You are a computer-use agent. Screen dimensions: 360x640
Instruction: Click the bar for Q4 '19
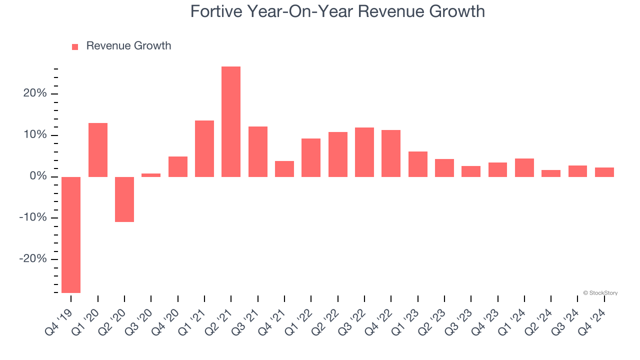[71, 234]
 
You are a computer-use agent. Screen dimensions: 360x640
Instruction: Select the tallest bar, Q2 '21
[231, 121]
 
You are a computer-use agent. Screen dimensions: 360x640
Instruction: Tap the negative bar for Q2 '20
[124, 199]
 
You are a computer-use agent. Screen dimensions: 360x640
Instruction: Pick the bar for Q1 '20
[98, 149]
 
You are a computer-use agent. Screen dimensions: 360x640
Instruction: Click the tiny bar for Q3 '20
[151, 175]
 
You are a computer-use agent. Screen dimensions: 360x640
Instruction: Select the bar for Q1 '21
[204, 148]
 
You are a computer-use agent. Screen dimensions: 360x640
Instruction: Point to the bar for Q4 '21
[284, 168]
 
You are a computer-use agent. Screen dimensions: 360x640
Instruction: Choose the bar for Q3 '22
[364, 152]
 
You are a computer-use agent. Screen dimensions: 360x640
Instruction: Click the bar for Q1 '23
[418, 164]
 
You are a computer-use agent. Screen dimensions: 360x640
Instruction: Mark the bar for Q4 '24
[604, 172]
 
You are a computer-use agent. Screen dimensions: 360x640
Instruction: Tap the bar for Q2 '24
[551, 173]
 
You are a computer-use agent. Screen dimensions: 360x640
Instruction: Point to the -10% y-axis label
[33, 218]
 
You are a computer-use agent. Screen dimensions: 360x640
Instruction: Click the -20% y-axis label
[33, 259]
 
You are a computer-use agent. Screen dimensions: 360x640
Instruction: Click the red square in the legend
[75, 46]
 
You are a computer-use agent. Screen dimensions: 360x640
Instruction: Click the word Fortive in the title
[216, 11]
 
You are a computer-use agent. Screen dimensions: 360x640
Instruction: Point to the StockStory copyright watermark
[600, 293]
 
